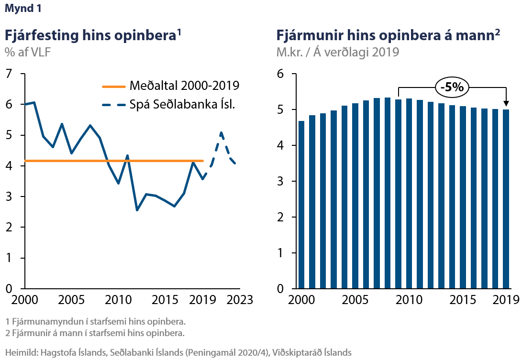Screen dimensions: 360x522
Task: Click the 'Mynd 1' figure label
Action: (22, 9)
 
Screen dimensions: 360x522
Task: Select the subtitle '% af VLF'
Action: (27, 52)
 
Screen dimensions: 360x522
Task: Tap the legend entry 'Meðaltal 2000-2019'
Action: (184, 87)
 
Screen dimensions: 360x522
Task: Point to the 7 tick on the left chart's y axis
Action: (8, 74)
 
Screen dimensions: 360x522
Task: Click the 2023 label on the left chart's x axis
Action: (239, 300)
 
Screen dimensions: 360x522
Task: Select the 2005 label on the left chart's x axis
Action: (71, 300)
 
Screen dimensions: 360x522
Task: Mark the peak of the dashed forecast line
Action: (221, 132)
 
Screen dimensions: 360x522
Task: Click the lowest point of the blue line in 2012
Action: (137, 210)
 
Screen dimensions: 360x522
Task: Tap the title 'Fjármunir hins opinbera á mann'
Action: (385, 35)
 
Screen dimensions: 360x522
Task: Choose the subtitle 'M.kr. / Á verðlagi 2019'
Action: (337, 52)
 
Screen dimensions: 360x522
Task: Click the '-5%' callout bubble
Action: (452, 87)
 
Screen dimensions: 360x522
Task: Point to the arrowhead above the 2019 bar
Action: (507, 103)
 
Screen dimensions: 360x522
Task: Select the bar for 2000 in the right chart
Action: (301, 205)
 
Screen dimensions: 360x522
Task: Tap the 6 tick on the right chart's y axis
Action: (281, 74)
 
